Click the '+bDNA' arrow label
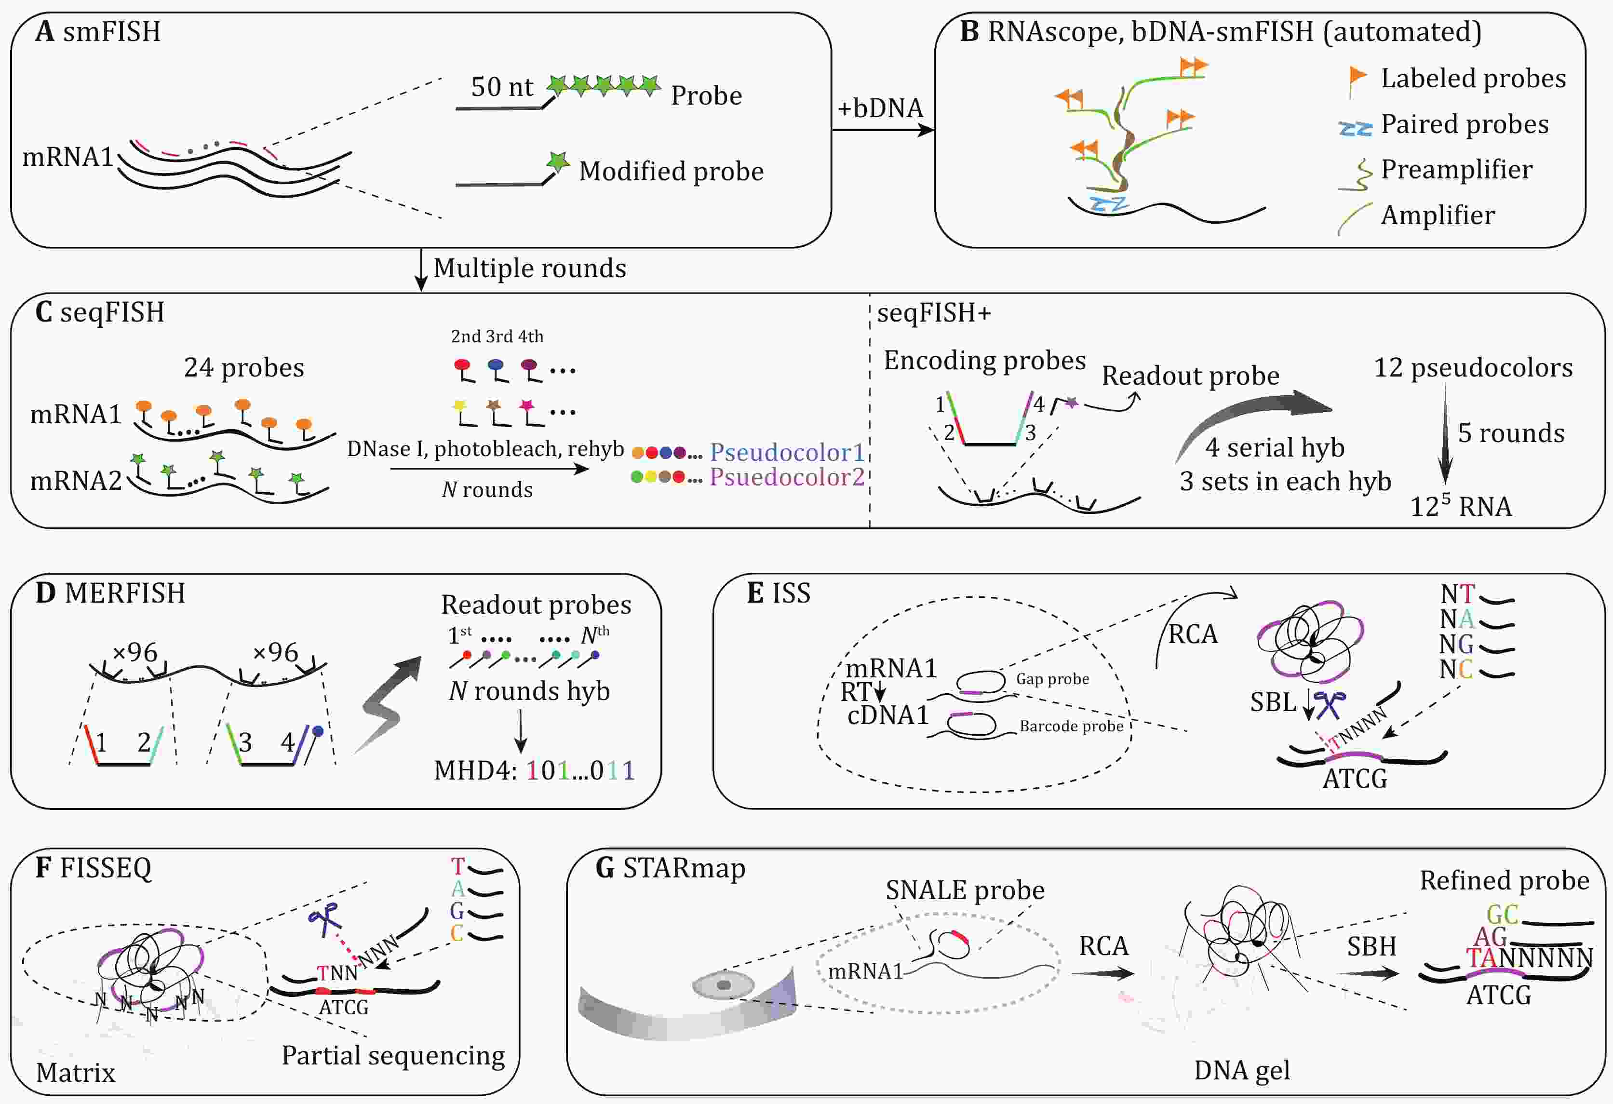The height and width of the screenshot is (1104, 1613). pyautogui.click(x=880, y=108)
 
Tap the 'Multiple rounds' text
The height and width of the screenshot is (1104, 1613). pyautogui.click(x=530, y=269)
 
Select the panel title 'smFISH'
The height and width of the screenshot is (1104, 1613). pyautogui.click(x=112, y=32)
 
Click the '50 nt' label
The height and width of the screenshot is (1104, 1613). pyautogui.click(x=502, y=87)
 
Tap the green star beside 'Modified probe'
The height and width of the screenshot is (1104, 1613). pyautogui.click(x=557, y=162)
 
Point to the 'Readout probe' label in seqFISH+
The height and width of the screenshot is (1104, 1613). pyautogui.click(x=1190, y=376)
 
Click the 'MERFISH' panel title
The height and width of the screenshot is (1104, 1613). pyautogui.click(x=125, y=593)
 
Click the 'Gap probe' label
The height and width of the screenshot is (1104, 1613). pyautogui.click(x=1052, y=679)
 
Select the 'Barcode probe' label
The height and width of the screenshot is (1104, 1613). pyautogui.click(x=1071, y=726)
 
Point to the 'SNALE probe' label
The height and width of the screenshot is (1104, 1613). pyautogui.click(x=965, y=890)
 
